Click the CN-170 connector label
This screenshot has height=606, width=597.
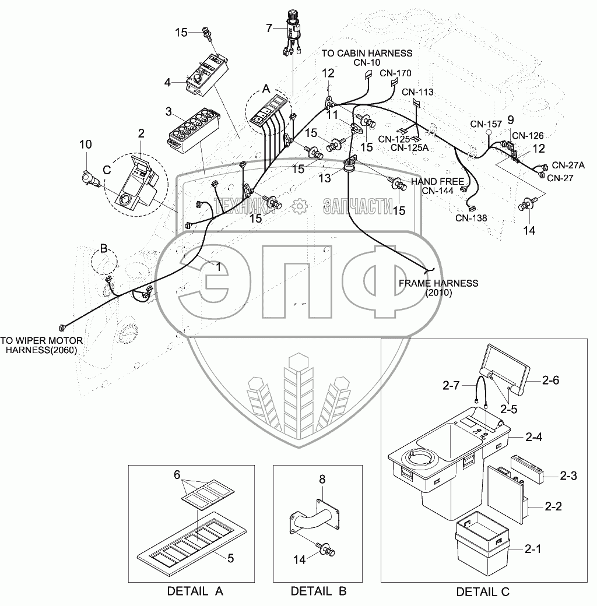[x=396, y=73]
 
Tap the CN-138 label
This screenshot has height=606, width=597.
[x=472, y=218]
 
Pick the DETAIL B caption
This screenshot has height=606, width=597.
[x=319, y=591]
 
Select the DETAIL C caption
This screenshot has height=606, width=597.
[x=483, y=592]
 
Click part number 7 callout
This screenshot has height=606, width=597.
[x=269, y=27]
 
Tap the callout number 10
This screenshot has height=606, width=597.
[x=86, y=144]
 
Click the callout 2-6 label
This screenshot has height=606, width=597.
[x=550, y=381]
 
